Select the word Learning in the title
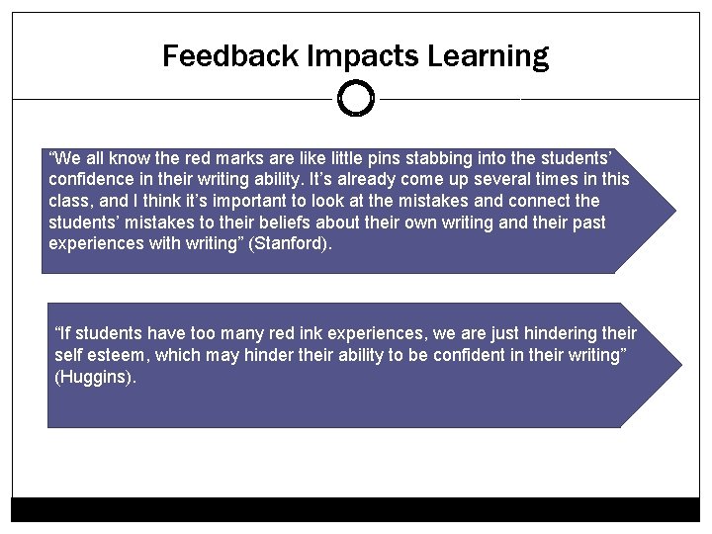[x=489, y=57]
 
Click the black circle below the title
[x=356, y=98]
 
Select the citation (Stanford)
[x=293, y=244]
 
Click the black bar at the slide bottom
[x=356, y=509]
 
